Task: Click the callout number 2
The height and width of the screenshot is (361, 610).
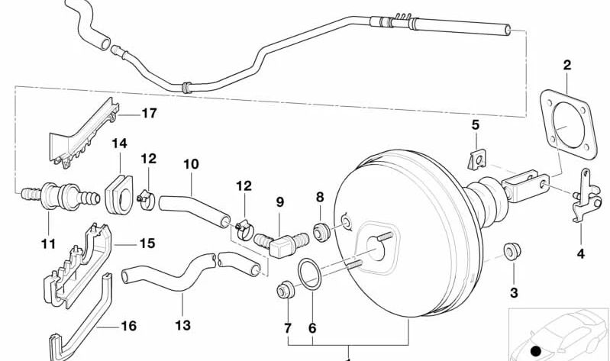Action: (x=566, y=66)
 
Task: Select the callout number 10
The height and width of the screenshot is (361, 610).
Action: (x=191, y=163)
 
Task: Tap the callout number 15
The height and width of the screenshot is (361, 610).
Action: (x=147, y=243)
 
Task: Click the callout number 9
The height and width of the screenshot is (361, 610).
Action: (x=280, y=203)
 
